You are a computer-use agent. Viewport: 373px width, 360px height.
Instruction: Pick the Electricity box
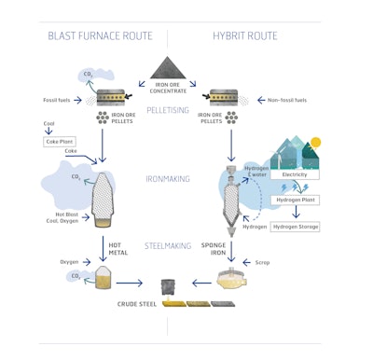[294, 174]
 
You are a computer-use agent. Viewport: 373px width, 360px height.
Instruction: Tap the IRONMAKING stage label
[170, 179]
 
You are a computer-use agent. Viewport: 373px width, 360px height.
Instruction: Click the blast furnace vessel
[104, 196]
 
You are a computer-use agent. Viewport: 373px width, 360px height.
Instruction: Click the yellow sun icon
[315, 143]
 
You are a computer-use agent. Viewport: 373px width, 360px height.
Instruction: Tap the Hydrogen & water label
[257, 172]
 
